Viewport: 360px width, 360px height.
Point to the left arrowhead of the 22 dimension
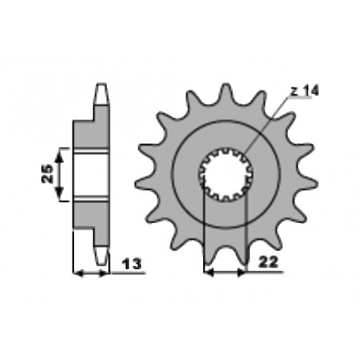coord(209,272)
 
